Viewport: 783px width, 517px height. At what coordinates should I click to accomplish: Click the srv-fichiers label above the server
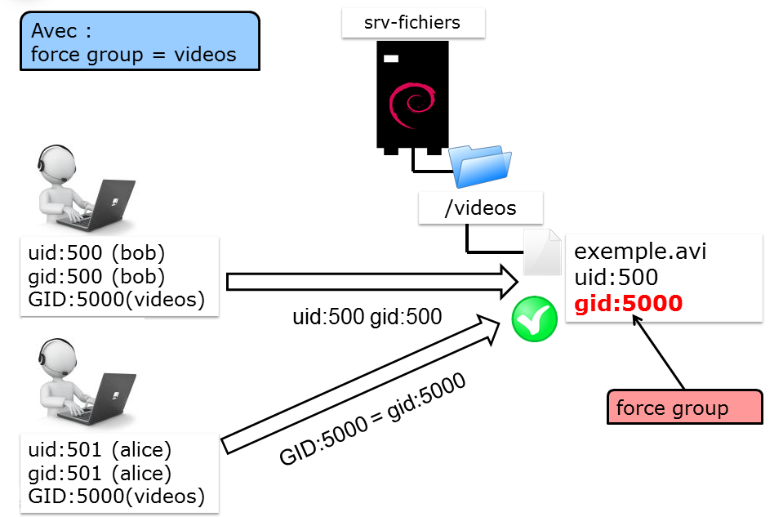point(412,23)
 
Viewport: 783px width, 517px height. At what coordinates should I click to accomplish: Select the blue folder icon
point(483,167)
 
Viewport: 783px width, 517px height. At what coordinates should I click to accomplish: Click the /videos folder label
point(480,208)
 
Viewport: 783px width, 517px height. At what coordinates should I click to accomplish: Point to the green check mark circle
point(534,321)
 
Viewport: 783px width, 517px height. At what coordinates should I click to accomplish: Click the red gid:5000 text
point(628,304)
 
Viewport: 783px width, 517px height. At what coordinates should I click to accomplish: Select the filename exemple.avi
point(641,251)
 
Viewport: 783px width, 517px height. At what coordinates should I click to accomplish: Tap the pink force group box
point(684,408)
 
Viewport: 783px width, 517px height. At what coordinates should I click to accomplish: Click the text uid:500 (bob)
point(96,250)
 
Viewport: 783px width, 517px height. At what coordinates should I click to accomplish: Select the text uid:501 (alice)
point(100,449)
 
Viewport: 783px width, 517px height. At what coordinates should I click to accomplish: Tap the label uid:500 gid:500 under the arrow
point(367,315)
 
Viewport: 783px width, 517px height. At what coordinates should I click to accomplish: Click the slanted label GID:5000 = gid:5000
point(373,420)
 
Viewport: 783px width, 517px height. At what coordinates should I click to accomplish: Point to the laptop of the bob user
point(111,205)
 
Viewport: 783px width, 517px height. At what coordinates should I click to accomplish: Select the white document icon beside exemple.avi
point(542,252)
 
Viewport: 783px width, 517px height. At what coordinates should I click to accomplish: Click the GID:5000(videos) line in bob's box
point(116,300)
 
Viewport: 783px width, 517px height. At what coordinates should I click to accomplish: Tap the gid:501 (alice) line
point(100,473)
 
